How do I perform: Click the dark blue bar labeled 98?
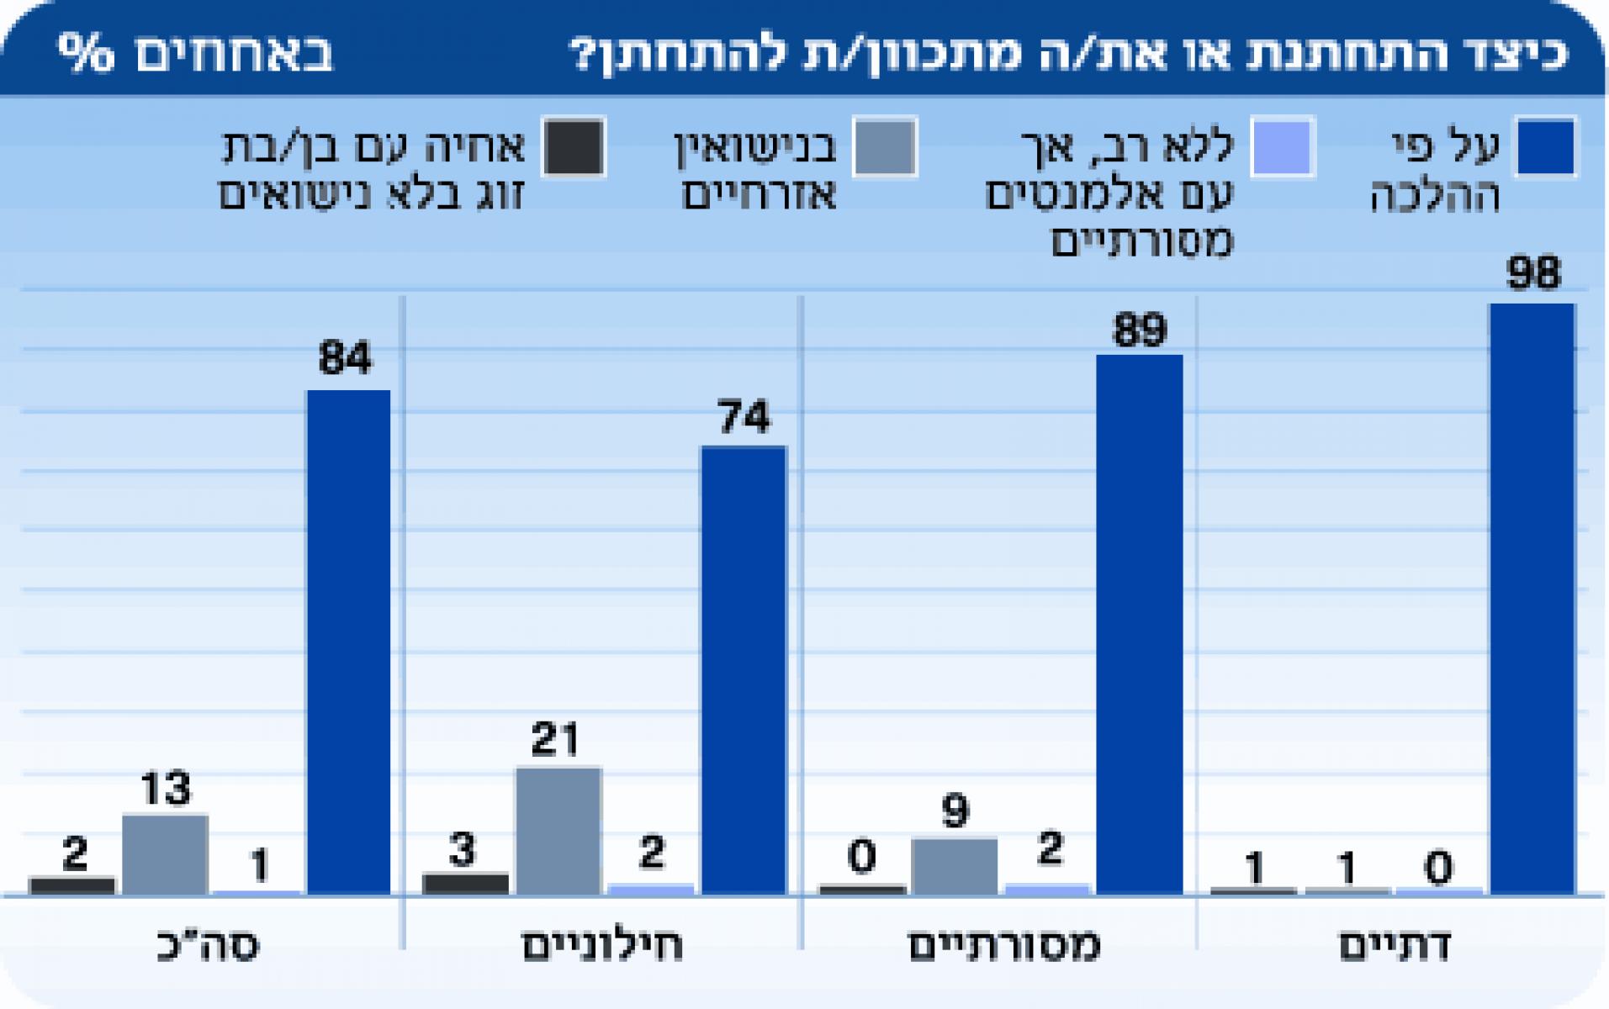pos(1532,597)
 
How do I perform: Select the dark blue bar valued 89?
pos(1139,622)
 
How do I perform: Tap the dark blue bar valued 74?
pos(744,668)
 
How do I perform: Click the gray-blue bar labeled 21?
pos(558,830)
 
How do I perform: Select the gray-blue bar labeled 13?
pos(165,853)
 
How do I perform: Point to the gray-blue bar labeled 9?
pos(954,865)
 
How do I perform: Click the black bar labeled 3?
pos(465,884)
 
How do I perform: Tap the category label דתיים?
pos(1395,946)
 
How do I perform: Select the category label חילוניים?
pos(602,946)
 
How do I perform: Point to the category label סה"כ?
pos(209,946)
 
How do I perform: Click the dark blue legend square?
pos(1546,147)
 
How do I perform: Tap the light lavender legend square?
pos(1282,147)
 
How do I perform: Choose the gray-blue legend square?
pos(884,147)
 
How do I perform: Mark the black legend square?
pos(574,147)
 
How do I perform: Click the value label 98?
pos(1533,274)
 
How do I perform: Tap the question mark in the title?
pos(584,55)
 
